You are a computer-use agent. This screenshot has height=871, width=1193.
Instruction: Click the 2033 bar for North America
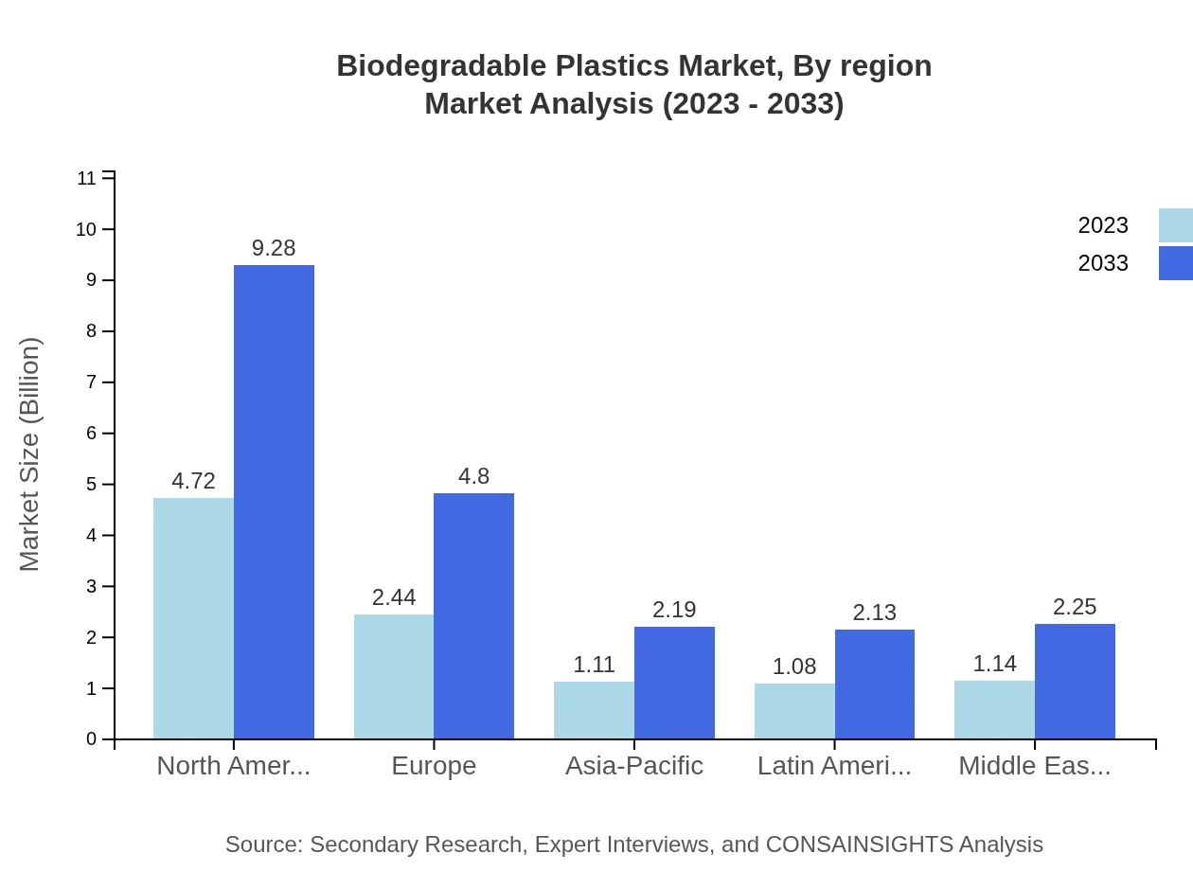[274, 502]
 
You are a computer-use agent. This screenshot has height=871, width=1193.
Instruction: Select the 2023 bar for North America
[193, 618]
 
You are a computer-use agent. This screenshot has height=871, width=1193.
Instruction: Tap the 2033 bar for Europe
[473, 615]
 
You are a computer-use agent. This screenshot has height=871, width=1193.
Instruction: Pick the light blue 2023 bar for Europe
[394, 676]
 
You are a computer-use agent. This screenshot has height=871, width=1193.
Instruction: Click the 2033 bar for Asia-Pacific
[674, 683]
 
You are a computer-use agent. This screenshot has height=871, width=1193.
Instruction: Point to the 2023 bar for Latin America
[794, 710]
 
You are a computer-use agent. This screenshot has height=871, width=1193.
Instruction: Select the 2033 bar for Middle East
[1075, 681]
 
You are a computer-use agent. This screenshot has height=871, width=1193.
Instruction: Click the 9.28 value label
[274, 248]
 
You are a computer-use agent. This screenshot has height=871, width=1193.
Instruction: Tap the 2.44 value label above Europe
[394, 597]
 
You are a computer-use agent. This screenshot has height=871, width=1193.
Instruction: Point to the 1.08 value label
[794, 667]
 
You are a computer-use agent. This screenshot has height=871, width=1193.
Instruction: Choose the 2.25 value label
[1075, 607]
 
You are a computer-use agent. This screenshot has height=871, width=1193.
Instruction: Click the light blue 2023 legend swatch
[1175, 225]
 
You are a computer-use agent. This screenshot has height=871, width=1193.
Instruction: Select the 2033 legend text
[1103, 263]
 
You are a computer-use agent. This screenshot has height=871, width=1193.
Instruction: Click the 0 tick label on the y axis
[92, 739]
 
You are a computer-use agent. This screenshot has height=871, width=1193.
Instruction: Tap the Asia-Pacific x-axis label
[634, 766]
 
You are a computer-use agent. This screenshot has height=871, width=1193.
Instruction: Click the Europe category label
[434, 766]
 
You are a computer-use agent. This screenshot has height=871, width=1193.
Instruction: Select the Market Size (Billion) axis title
[29, 454]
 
